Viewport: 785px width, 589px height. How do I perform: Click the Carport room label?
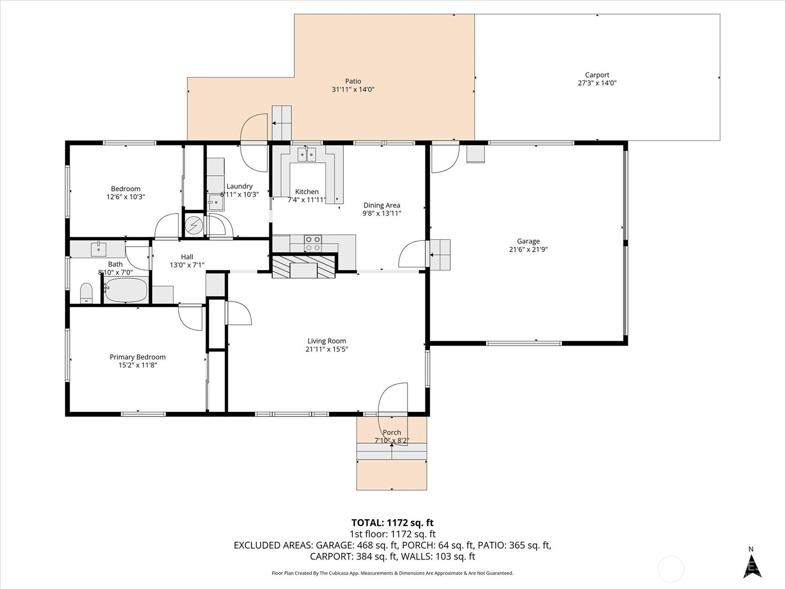tap(597, 75)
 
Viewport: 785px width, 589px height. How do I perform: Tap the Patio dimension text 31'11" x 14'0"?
tap(353, 89)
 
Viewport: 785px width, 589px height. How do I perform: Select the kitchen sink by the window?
tap(307, 155)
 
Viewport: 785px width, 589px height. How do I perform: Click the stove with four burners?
tap(313, 243)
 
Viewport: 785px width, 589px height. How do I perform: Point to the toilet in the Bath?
tap(86, 293)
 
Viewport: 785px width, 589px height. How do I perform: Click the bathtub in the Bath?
tap(126, 290)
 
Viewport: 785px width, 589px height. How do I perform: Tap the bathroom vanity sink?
tap(98, 249)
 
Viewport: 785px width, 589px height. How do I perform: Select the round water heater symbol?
tap(194, 225)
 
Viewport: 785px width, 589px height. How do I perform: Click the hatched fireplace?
tap(304, 266)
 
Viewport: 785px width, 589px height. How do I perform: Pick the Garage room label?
tap(528, 241)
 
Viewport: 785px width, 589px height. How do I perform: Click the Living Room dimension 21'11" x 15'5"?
tap(327, 349)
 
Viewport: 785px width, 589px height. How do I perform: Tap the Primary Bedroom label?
tap(138, 357)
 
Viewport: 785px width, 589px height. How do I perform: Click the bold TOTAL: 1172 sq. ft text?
tap(392, 523)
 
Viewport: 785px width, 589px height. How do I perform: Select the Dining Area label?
tap(382, 205)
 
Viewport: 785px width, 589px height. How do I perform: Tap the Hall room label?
tap(187, 257)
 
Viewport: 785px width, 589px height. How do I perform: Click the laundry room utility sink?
tap(216, 202)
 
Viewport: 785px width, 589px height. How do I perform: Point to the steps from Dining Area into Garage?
tap(440, 255)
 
